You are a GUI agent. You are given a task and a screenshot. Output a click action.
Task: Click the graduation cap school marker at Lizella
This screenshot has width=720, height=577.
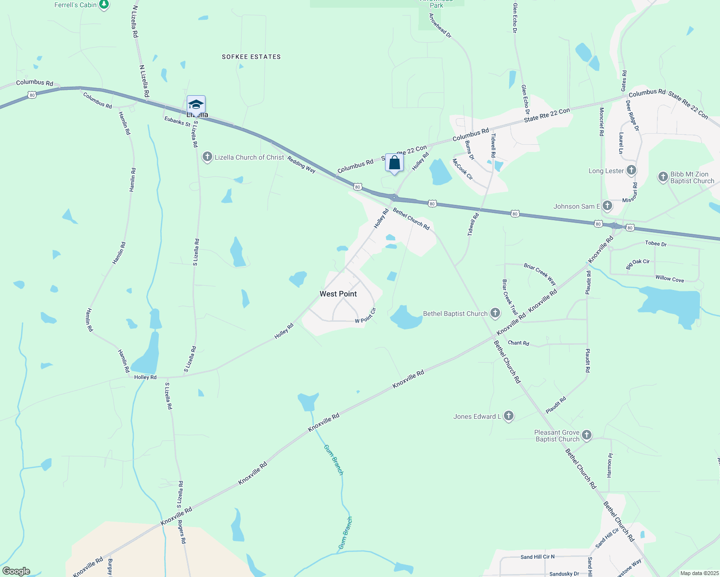point(196,104)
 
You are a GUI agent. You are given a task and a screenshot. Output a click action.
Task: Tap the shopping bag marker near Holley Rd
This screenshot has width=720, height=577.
point(394,163)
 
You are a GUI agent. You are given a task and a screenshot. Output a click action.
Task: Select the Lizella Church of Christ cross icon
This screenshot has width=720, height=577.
point(207,157)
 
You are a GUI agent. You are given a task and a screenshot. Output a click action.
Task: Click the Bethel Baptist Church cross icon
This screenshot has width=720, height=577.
point(495,314)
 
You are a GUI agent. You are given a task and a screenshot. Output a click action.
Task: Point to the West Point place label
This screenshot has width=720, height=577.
point(338,294)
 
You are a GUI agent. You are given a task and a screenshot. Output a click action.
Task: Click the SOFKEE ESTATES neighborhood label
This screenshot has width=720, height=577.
point(251,57)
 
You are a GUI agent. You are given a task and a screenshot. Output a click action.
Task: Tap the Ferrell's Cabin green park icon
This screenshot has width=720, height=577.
point(103,5)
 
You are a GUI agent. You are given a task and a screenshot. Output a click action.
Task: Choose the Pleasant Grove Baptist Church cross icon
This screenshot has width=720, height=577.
point(586,436)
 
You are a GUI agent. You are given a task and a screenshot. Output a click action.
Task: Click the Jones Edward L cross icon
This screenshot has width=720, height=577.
point(509,416)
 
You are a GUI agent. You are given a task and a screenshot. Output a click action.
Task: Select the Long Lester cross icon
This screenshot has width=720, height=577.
point(631,171)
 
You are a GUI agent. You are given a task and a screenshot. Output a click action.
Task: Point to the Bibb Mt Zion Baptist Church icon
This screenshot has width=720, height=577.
point(663,177)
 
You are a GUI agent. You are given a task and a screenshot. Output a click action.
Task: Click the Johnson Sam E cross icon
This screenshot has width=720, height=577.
point(607,206)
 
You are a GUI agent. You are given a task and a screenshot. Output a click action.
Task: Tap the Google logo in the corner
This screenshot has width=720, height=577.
point(16,571)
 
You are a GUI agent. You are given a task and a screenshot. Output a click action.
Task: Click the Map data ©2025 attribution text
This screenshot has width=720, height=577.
point(699,573)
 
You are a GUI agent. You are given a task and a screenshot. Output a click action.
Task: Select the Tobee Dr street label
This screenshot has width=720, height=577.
point(656,243)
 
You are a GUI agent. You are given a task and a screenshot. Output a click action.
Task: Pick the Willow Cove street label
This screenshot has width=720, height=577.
point(669,278)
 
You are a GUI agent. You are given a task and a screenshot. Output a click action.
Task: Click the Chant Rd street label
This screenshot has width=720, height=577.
point(518,343)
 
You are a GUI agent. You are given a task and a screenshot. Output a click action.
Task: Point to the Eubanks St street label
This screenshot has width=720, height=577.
point(177,121)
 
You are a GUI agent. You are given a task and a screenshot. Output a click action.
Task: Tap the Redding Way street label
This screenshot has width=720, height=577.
point(301,164)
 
